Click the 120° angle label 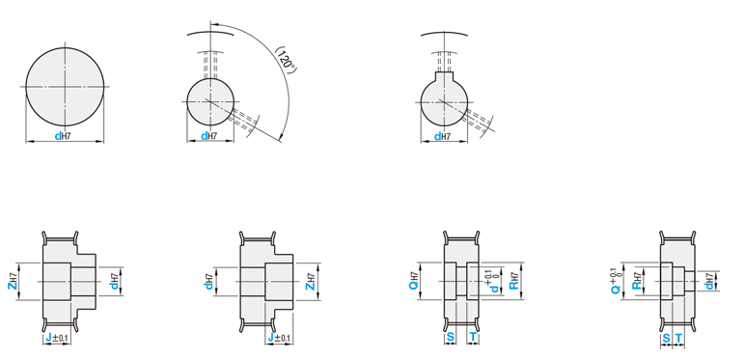[x=286, y=60]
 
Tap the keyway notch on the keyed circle [x=444, y=75]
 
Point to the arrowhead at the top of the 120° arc [x=212, y=23]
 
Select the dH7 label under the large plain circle [x=62, y=136]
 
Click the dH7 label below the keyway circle [x=442, y=137]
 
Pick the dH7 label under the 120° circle [x=209, y=136]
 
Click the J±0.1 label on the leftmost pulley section [x=57, y=338]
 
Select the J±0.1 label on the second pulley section [x=280, y=338]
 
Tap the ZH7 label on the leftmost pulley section [x=13, y=281]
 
